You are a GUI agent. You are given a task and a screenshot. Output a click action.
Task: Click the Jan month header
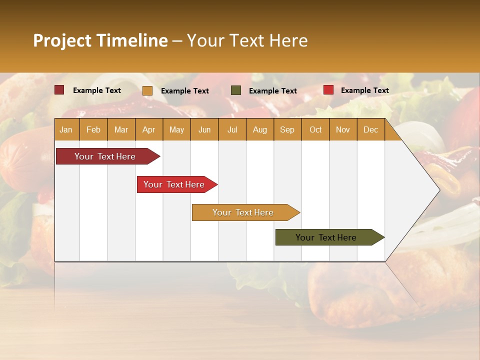66,129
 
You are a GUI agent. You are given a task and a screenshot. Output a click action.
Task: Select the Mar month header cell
121,129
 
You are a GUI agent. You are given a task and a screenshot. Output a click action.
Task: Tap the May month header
176,129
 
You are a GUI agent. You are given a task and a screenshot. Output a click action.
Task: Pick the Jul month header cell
232,129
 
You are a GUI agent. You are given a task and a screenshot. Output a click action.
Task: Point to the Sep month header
287,129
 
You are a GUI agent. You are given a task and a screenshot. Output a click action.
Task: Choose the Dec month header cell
370,129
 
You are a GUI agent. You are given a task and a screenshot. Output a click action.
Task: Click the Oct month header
315,129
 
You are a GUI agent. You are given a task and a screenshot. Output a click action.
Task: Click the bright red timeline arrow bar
175,184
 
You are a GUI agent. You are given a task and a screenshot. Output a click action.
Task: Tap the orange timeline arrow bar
244,212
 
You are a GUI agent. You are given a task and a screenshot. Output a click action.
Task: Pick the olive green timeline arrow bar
327,237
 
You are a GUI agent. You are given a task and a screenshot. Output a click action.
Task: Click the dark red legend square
59,90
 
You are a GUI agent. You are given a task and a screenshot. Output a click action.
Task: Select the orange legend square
147,90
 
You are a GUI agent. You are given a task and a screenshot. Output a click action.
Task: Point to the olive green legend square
236,90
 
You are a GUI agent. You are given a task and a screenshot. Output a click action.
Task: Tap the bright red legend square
328,90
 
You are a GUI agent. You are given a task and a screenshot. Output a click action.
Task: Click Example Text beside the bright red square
364,90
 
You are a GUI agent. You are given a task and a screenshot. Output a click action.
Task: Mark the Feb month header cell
93,129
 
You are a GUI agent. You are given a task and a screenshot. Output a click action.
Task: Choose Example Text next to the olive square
272,91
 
